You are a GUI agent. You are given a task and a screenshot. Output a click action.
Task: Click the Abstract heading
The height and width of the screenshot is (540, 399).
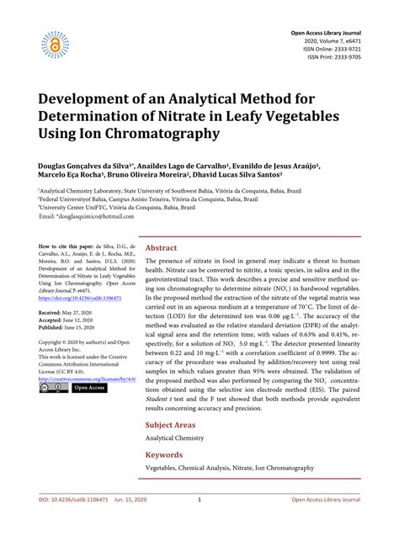click(161, 248)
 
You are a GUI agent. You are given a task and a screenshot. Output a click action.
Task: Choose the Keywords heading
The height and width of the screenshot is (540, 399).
click(164, 454)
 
